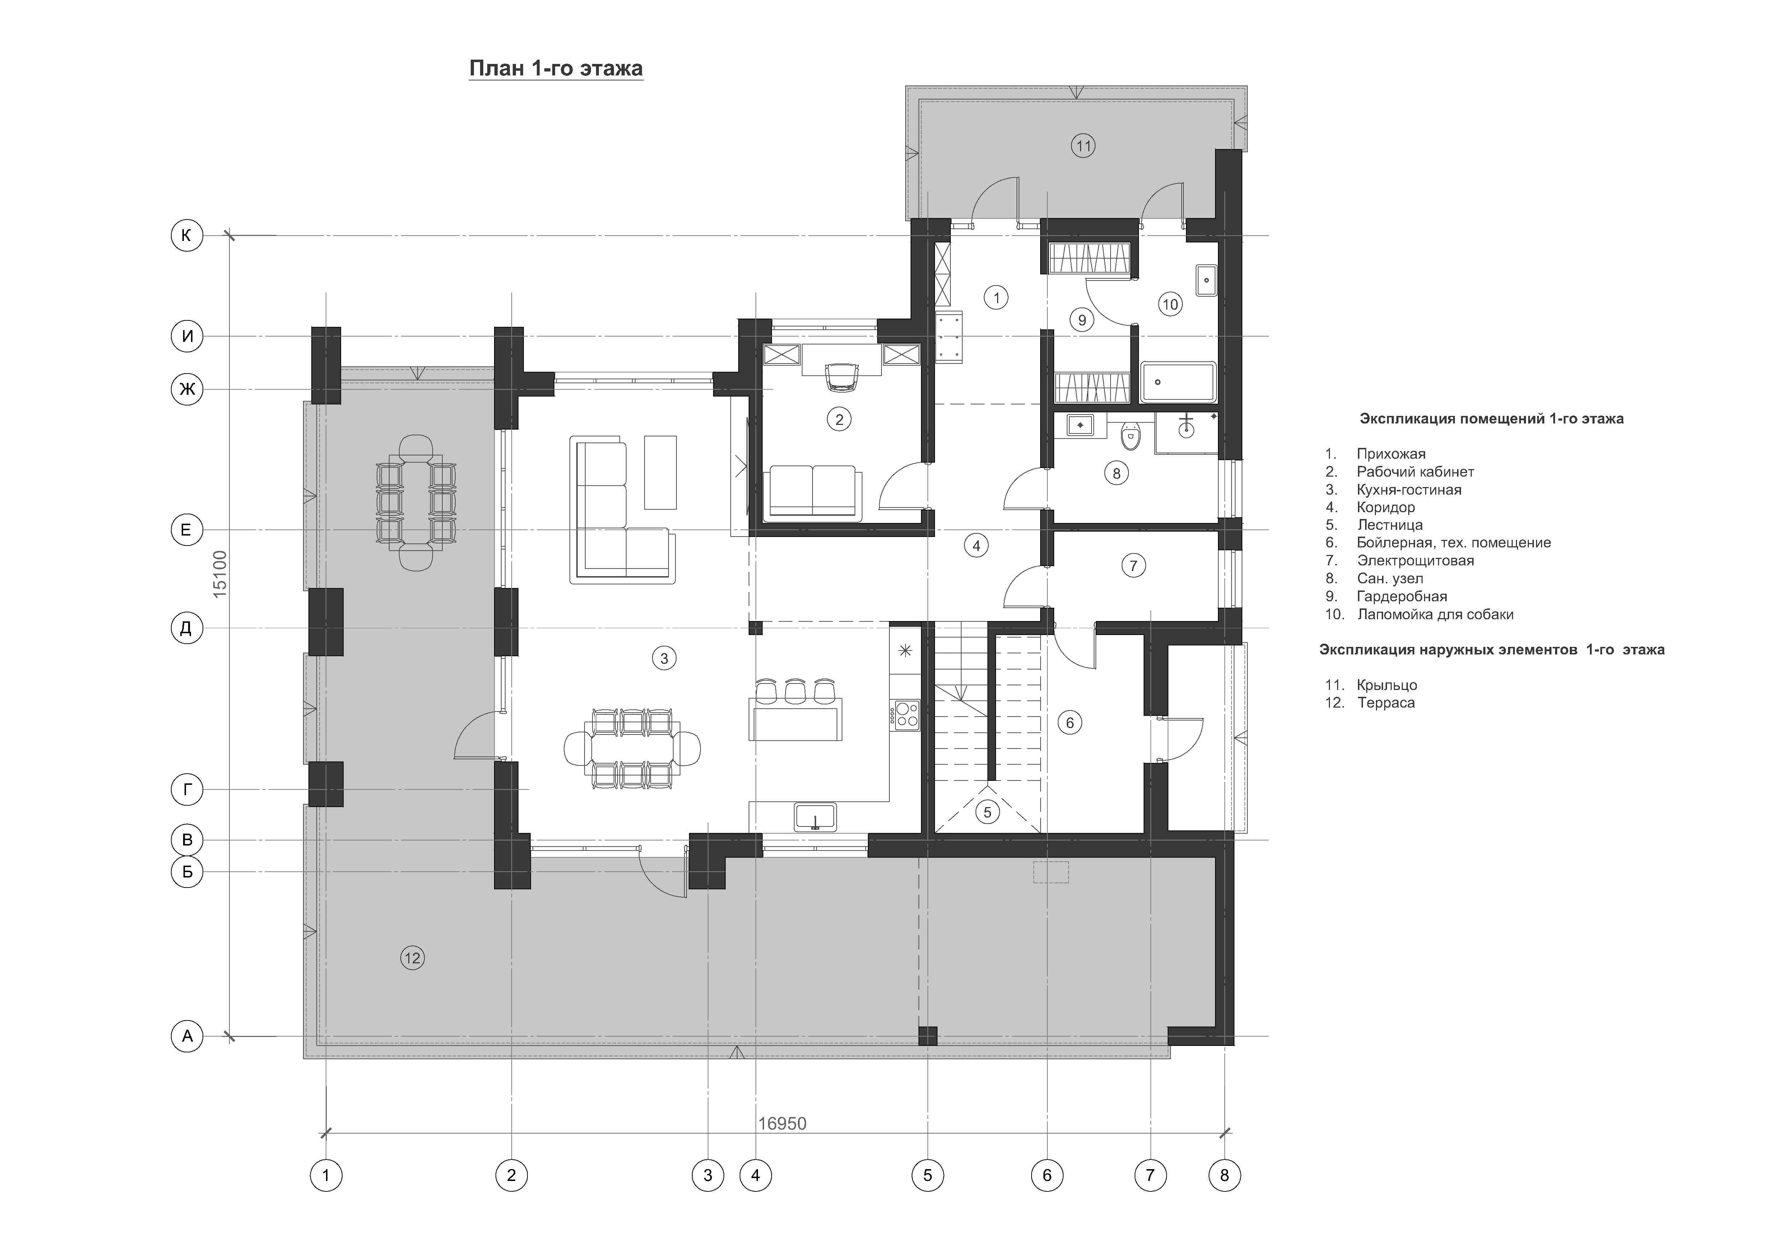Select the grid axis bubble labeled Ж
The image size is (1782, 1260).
pyautogui.click(x=187, y=389)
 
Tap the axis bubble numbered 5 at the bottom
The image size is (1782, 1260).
pyautogui.click(x=927, y=1175)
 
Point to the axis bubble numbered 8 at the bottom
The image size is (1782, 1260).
pyautogui.click(x=1225, y=1175)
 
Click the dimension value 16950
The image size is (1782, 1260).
pyautogui.click(x=782, y=1124)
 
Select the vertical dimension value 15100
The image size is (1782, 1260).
pyautogui.click(x=220, y=574)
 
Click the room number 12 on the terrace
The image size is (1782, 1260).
pyautogui.click(x=412, y=958)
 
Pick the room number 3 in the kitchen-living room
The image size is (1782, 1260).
pyautogui.click(x=664, y=658)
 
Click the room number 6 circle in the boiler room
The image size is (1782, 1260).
pyautogui.click(x=1070, y=723)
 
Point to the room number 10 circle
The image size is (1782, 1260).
pyautogui.click(x=1171, y=304)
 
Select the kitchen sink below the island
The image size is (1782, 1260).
pyautogui.click(x=815, y=817)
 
